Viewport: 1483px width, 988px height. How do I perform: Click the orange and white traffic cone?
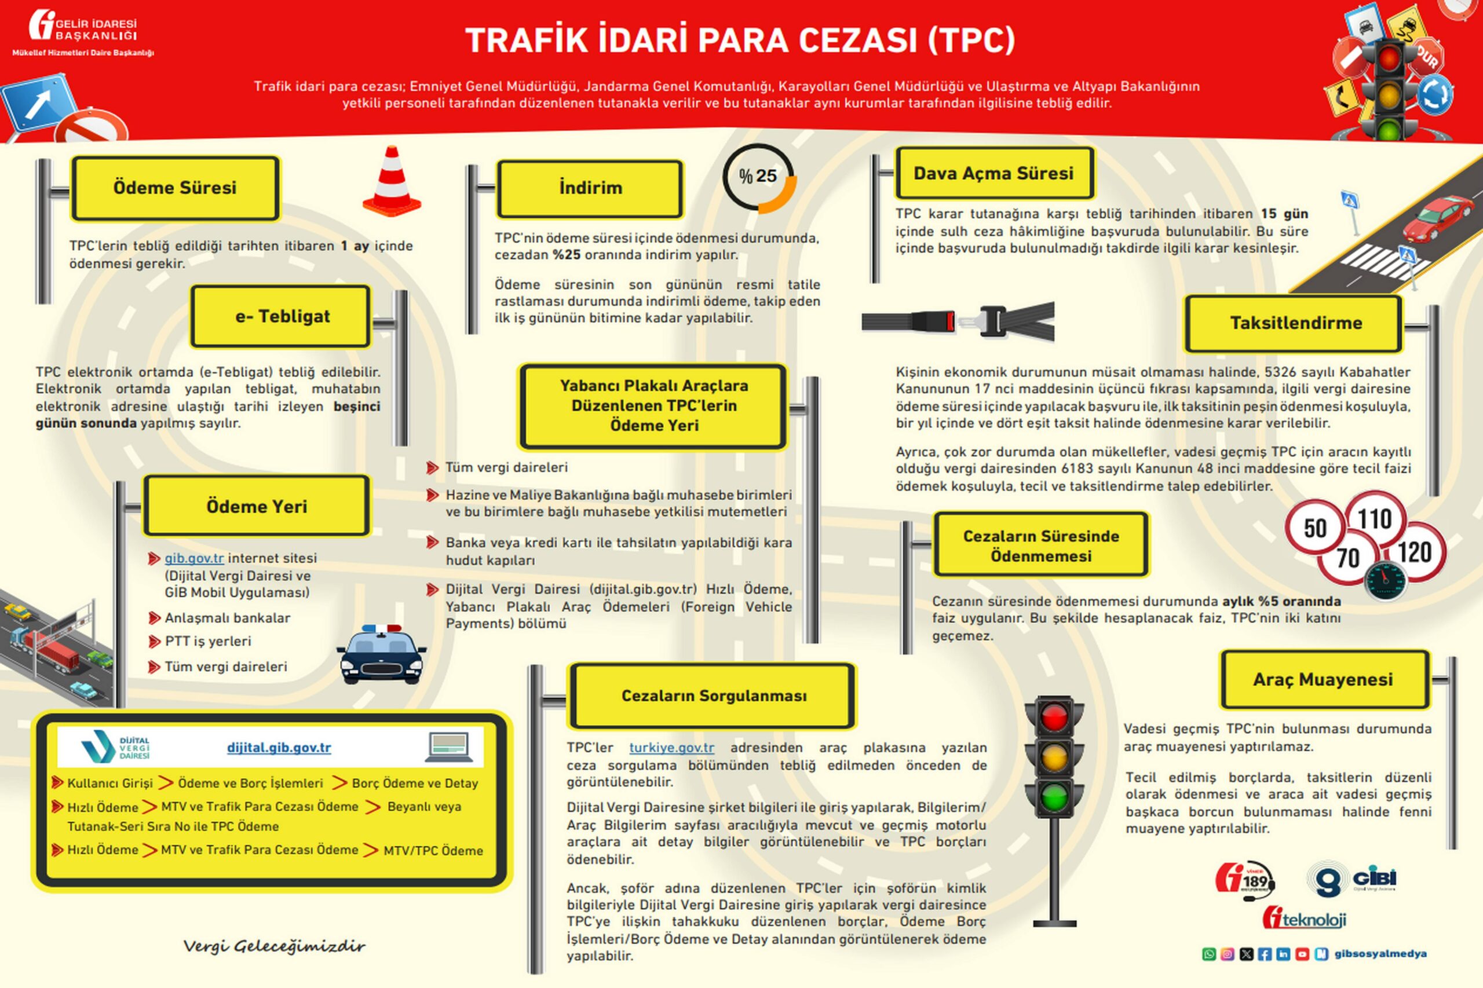click(x=392, y=181)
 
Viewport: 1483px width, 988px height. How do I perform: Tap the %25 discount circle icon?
click(x=758, y=178)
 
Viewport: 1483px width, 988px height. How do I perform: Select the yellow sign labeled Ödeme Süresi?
click(x=174, y=188)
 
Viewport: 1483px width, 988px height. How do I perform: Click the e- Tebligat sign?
click(x=281, y=316)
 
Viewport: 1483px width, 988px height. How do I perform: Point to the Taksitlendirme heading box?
click(x=1295, y=323)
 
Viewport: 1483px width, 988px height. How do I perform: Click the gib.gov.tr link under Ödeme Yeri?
click(x=194, y=558)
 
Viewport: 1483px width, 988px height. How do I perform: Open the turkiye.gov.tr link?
click(x=671, y=748)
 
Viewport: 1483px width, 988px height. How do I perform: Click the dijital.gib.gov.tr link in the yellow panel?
click(x=279, y=748)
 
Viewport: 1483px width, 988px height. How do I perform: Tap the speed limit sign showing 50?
click(x=1315, y=528)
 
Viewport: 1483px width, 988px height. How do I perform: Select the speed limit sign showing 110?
click(x=1375, y=519)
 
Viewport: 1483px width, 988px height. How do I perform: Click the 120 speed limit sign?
click(x=1414, y=552)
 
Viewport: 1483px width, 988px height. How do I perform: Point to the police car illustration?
click(x=381, y=656)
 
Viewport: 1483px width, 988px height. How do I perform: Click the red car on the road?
click(x=1438, y=217)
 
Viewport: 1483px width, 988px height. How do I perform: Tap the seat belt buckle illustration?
click(x=958, y=323)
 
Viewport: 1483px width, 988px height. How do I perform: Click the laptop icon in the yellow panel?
click(x=449, y=747)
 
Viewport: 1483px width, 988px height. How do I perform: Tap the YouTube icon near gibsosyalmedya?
click(x=1302, y=954)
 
